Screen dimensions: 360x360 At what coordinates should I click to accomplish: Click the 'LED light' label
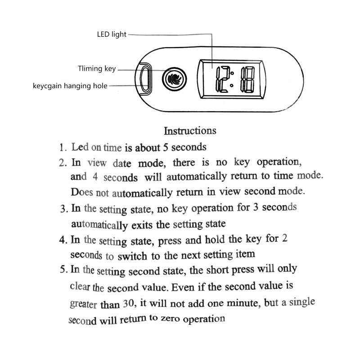[x=112, y=34]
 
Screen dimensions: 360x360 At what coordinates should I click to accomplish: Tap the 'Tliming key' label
[x=97, y=69]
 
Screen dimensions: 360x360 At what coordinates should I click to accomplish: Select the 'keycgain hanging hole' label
[x=70, y=85]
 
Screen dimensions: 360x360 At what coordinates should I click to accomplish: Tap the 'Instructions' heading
[x=190, y=131]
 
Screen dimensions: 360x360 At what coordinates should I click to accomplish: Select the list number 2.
[x=63, y=162]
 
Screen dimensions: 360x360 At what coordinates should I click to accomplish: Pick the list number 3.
[x=63, y=209]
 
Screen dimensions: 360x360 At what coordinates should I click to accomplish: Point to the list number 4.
[x=63, y=239]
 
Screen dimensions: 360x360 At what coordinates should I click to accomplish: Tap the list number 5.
[x=63, y=270]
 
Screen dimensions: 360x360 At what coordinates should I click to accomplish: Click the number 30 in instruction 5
[x=128, y=304]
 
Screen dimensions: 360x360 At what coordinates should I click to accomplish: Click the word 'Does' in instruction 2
[x=81, y=192]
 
